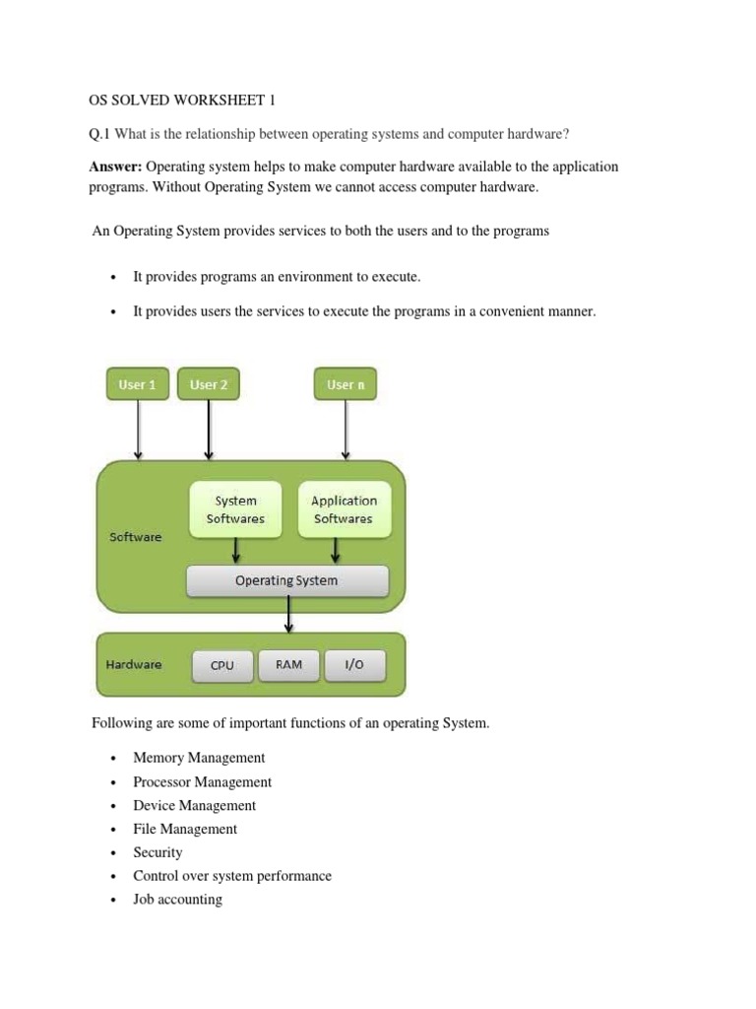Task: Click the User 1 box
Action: point(138,384)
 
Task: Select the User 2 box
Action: point(208,384)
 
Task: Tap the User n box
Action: point(346,384)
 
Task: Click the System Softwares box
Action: point(235,509)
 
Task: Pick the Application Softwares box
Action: point(344,509)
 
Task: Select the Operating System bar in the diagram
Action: point(286,580)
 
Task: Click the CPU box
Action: point(222,665)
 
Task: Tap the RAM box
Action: point(288,665)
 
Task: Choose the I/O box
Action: point(354,665)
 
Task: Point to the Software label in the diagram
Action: point(136,537)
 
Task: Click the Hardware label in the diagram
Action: point(134,664)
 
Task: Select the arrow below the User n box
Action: point(346,430)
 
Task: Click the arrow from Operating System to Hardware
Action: point(288,615)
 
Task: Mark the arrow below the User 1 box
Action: point(138,430)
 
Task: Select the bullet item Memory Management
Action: point(199,758)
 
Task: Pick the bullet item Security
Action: point(157,852)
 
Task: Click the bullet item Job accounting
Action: point(177,900)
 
